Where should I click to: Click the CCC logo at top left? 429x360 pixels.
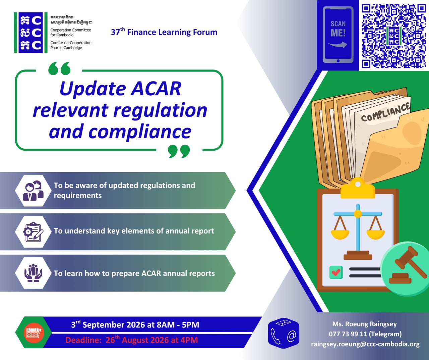(30, 33)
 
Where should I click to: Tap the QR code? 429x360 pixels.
(394, 36)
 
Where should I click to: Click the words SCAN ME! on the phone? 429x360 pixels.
(338, 29)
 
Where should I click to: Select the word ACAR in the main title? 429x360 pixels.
(156, 89)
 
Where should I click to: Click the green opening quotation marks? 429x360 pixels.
(59, 68)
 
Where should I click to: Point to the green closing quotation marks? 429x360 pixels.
(179, 151)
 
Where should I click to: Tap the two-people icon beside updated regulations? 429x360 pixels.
(33, 191)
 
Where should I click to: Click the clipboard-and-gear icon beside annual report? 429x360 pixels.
(33, 232)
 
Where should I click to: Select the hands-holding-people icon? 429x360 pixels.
(33, 273)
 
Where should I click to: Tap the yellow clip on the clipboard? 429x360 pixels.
(358, 188)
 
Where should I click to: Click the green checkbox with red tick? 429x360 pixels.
(336, 272)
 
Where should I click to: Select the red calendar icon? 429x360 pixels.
(34, 332)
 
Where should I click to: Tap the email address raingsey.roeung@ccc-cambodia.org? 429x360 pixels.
(365, 344)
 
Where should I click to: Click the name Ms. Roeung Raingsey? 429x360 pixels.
(365, 324)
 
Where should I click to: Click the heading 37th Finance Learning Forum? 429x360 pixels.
(164, 32)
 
